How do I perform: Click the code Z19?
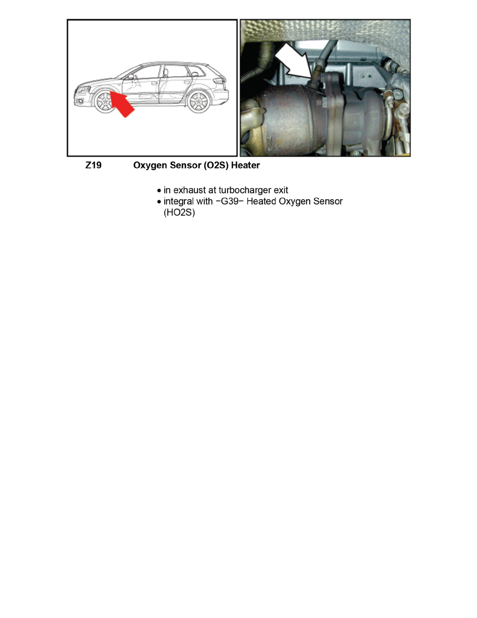[94, 166]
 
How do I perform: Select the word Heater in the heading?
[244, 166]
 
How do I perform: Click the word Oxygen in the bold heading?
[150, 166]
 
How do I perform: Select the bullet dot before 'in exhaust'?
[159, 191]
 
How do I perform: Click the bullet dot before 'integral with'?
[159, 202]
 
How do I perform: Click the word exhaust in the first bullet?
[191, 190]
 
